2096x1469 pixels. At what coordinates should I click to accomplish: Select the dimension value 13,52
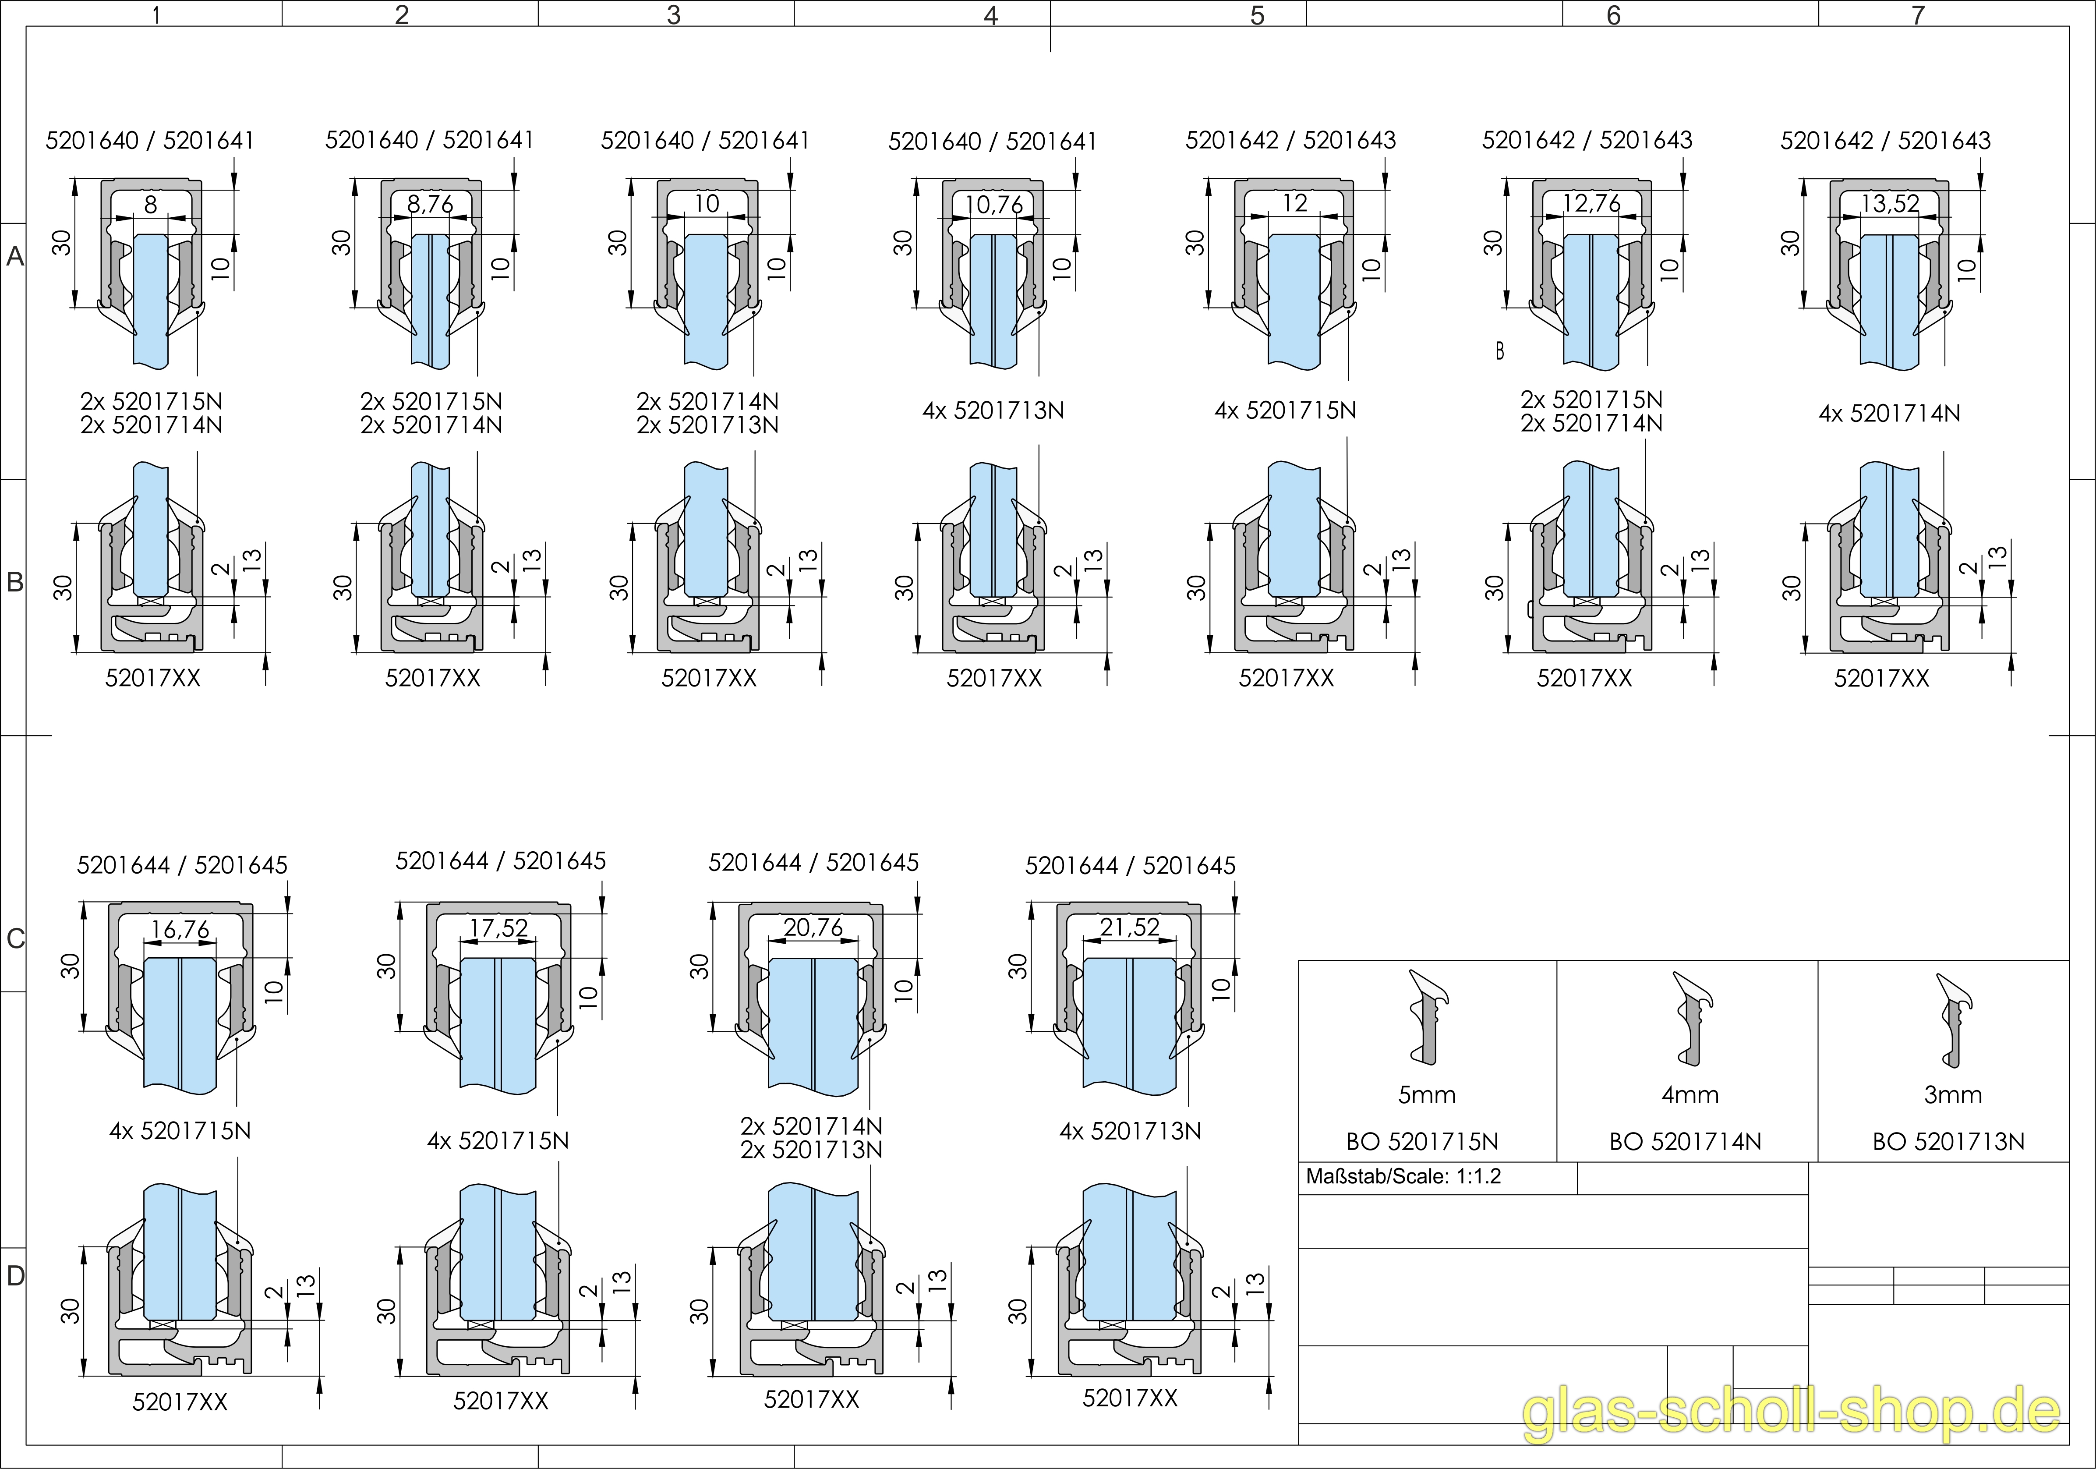pyautogui.click(x=1890, y=204)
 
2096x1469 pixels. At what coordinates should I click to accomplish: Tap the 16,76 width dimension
pyautogui.click(x=180, y=929)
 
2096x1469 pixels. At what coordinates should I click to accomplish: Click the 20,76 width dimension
pyautogui.click(x=813, y=927)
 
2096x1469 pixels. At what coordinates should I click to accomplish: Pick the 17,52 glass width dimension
pyautogui.click(x=498, y=928)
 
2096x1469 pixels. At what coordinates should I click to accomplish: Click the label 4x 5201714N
pyautogui.click(x=1889, y=414)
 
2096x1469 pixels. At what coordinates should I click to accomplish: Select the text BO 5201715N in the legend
pyautogui.click(x=1422, y=1141)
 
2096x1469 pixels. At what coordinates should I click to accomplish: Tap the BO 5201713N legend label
pyautogui.click(x=1948, y=1141)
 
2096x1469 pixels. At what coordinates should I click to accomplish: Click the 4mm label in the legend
pyautogui.click(x=1690, y=1095)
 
